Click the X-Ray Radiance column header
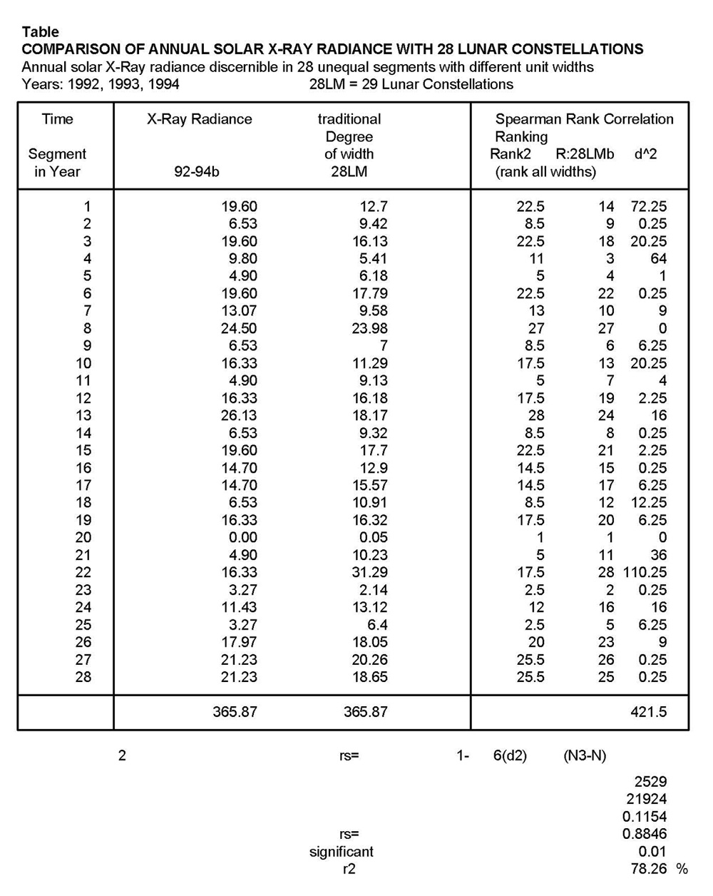[x=199, y=119]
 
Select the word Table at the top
[x=41, y=32]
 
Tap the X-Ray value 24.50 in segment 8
[x=239, y=328]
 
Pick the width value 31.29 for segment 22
[x=370, y=572]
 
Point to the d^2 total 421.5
[x=648, y=711]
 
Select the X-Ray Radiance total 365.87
[x=235, y=711]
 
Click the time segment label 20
[x=83, y=537]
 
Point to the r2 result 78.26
[x=649, y=868]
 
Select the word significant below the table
[x=341, y=851]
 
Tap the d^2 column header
[x=645, y=154]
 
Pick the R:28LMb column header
[x=584, y=154]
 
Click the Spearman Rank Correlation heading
[x=584, y=119]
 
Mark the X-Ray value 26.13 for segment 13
[x=239, y=415]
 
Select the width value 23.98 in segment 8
[x=370, y=328]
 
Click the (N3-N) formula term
[x=584, y=755]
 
